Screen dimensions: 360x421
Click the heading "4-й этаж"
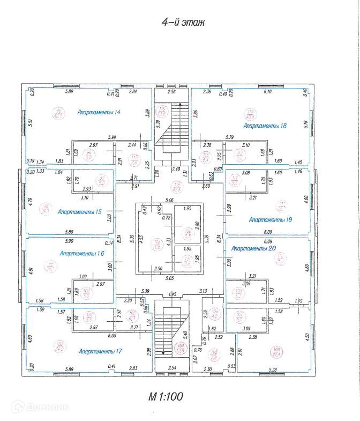pyautogui.click(x=183, y=22)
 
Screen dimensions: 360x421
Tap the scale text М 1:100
pyautogui.click(x=166, y=397)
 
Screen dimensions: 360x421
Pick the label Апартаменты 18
pyautogui.click(x=265, y=125)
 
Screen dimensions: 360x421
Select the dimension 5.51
pyautogui.click(x=31, y=122)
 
